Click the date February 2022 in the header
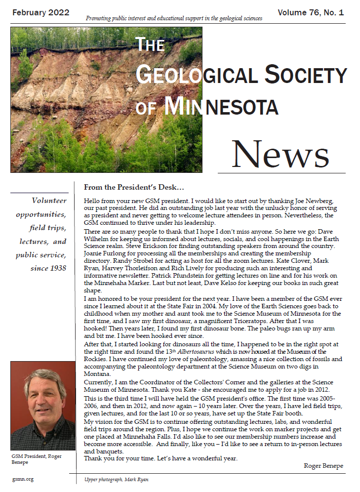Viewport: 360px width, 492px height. tap(41, 12)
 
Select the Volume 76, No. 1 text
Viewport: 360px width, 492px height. tap(311, 12)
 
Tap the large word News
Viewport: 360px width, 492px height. tap(280, 154)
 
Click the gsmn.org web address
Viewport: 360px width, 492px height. tap(23, 479)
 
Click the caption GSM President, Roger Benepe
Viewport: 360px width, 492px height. tap(37, 459)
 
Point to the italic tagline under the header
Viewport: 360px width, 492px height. tap(174, 19)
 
